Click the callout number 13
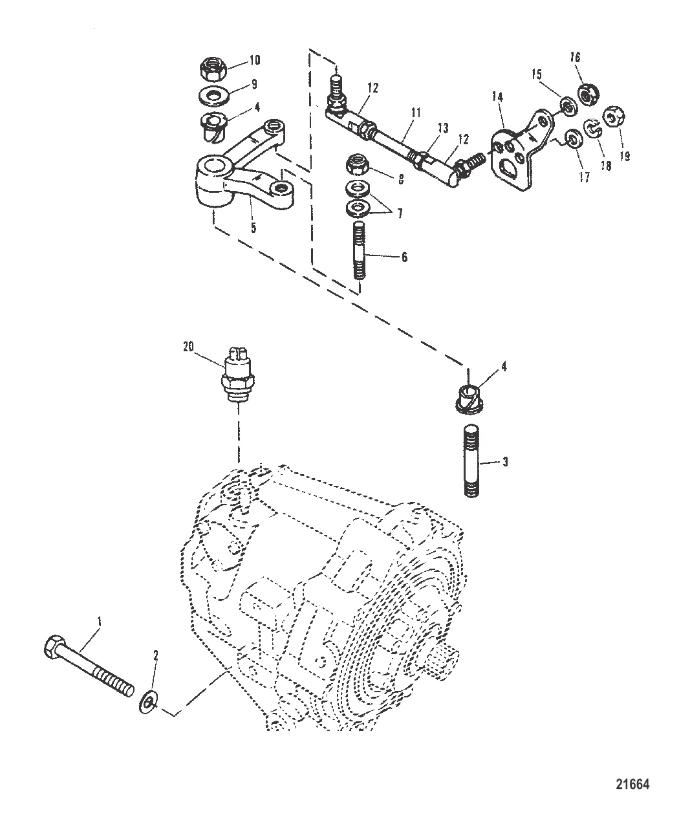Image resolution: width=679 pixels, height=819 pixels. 442,129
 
